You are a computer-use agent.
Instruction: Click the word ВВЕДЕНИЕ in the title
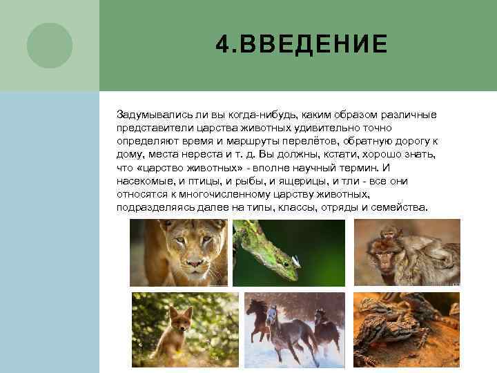click(311, 45)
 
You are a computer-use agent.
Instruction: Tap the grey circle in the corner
click(49, 45)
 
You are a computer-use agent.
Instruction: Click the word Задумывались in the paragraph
click(150, 114)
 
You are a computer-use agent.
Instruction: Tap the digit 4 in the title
click(221, 45)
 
